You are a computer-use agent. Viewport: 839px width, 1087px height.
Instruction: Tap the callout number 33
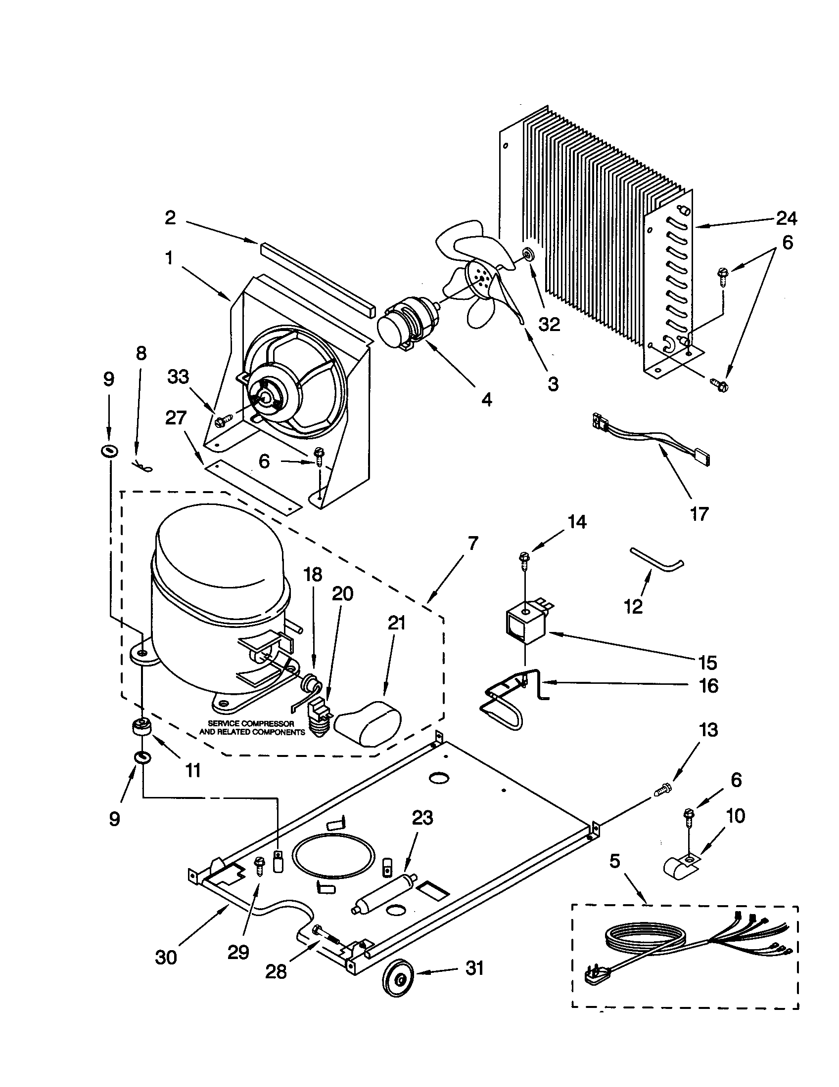pos(178,377)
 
